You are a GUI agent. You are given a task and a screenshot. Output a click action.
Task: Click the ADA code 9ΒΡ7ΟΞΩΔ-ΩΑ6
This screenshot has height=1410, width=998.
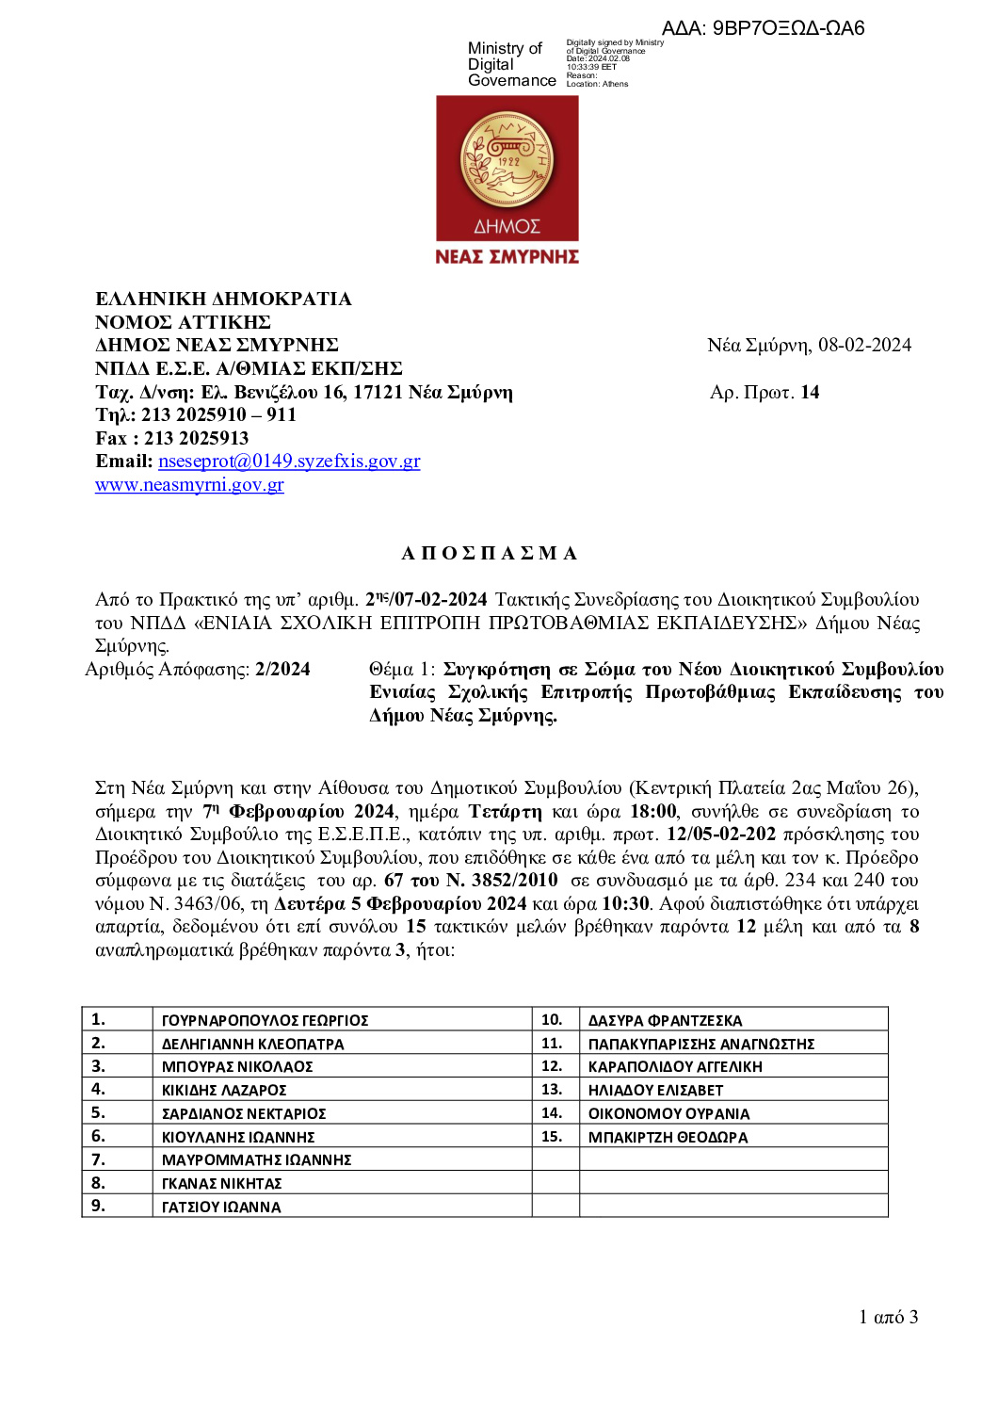tap(788, 28)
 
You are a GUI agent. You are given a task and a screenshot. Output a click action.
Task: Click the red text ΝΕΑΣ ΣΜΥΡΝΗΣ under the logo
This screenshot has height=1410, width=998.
tap(507, 256)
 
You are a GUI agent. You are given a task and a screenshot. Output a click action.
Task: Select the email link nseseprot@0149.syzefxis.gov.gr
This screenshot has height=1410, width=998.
tap(289, 461)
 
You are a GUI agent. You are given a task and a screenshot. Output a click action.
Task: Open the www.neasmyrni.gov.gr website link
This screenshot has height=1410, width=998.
tap(189, 484)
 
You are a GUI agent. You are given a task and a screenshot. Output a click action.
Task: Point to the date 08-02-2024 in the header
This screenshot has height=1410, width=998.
tap(864, 345)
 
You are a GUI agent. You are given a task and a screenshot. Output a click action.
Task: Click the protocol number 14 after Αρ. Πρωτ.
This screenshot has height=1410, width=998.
tap(810, 392)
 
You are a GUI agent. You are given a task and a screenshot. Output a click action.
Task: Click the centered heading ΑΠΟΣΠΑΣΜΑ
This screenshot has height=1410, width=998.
tap(490, 553)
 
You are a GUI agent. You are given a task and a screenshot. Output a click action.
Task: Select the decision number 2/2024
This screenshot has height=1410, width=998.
tap(282, 669)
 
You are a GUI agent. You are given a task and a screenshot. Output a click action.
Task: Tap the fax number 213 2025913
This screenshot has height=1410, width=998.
tap(196, 438)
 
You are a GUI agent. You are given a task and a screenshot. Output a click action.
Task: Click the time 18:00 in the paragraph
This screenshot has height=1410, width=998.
tap(653, 811)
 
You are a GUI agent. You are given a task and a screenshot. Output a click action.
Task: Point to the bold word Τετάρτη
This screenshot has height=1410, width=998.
tap(506, 811)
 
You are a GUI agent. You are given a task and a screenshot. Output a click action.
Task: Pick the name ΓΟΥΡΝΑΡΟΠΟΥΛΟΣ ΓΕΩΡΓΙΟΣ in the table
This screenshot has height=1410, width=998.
tap(265, 1020)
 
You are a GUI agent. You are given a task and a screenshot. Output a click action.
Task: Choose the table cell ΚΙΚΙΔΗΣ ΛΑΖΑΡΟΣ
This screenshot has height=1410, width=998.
tap(224, 1090)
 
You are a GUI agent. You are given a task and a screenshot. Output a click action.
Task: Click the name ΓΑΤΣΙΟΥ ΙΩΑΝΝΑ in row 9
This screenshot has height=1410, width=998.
tap(221, 1207)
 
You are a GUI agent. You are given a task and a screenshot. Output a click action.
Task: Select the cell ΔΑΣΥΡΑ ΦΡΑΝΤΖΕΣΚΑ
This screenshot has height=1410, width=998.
tap(665, 1020)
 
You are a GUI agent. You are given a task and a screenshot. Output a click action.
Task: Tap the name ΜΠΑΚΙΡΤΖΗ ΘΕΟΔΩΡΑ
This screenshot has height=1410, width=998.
tap(668, 1137)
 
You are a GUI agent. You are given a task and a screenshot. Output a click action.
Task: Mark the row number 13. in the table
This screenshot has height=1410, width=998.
tap(552, 1090)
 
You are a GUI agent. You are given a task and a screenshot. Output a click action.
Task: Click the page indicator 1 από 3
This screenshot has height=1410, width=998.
tap(888, 1317)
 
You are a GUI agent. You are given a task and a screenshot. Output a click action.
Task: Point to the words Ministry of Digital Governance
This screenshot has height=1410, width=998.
tap(511, 64)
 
